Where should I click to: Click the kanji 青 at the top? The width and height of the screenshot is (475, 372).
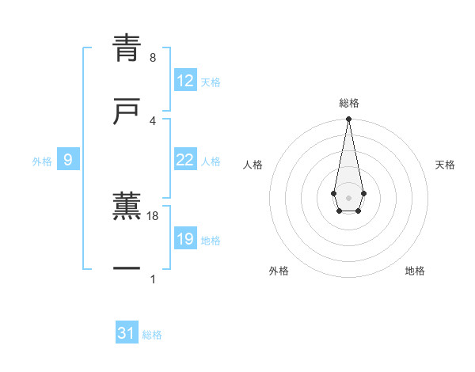127,49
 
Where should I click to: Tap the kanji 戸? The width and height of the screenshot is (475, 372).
127,112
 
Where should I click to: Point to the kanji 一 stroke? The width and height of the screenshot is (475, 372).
127,270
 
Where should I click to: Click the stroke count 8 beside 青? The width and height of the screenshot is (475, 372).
152,57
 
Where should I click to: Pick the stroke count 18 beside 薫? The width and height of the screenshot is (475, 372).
154,215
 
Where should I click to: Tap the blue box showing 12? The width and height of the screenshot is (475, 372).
184,81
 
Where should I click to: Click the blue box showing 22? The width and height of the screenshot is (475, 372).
184,160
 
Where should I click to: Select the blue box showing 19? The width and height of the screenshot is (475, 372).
184,239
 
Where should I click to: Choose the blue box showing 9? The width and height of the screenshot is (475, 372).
68,160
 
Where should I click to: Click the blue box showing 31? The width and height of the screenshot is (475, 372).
127,333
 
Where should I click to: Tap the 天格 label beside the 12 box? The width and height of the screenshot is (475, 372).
211,82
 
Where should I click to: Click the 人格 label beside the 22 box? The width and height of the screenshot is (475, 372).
211,161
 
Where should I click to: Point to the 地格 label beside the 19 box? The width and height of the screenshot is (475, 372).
211,241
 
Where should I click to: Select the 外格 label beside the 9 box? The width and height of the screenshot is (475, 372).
42,161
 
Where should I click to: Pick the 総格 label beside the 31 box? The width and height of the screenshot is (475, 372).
152,335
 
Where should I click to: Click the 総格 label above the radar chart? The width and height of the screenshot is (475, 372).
348,104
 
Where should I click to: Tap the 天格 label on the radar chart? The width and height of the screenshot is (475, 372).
445,165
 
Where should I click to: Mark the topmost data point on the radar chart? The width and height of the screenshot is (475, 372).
348,120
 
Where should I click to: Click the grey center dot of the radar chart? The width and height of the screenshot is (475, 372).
348,197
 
